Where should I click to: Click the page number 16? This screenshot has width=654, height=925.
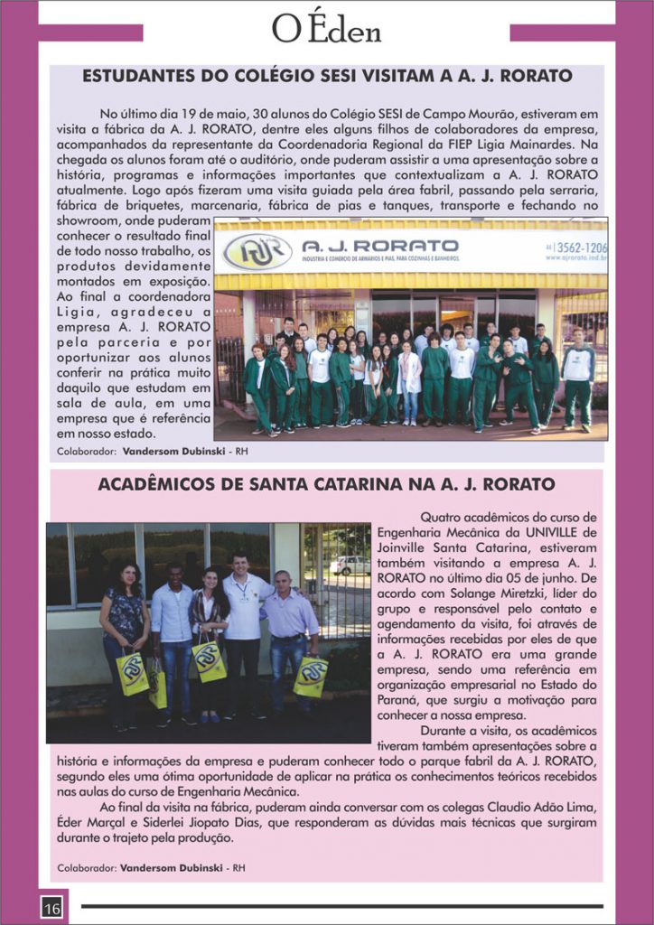[51, 907]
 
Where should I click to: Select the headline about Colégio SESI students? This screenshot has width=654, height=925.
[327, 76]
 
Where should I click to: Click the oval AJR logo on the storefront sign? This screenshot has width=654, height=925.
[257, 252]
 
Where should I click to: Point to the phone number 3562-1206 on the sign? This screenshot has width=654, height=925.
[583, 247]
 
